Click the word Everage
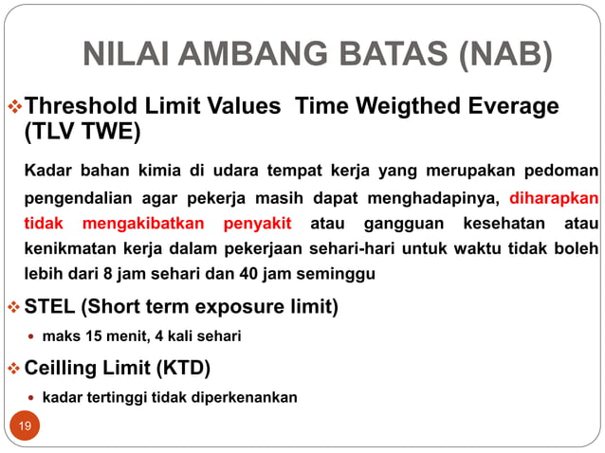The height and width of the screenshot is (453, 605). (504, 106)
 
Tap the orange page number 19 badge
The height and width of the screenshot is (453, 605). (25, 426)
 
